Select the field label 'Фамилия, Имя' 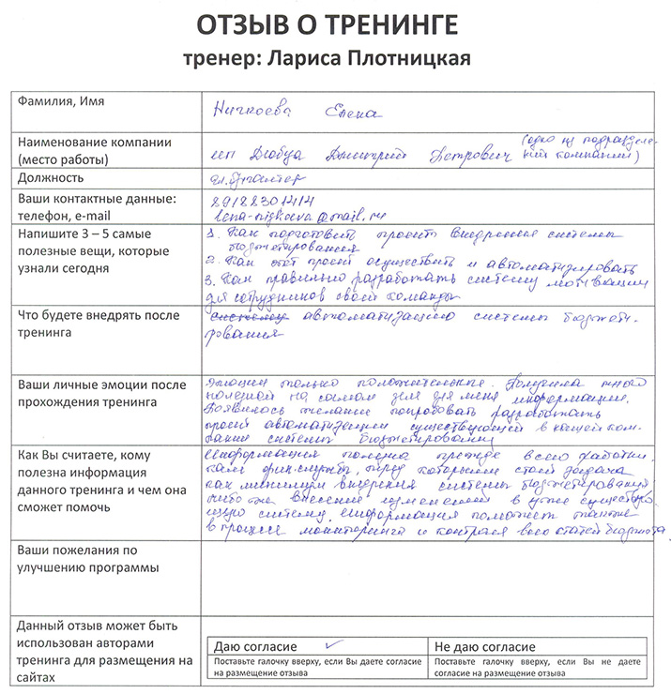[x=58, y=100]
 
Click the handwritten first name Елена [x=353, y=113]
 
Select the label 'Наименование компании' [x=94, y=143]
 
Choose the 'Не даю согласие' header [x=485, y=648]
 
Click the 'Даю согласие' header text [x=256, y=648]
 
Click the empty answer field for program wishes [x=432, y=572]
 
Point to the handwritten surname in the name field [x=253, y=113]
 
